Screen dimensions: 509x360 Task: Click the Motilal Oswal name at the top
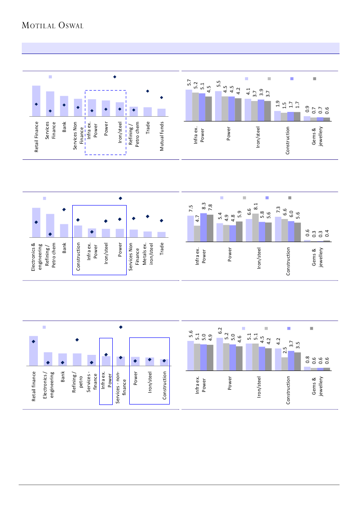tap(53, 26)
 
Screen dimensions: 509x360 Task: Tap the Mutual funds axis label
tap(161, 136)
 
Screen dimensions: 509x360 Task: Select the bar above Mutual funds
tap(161, 113)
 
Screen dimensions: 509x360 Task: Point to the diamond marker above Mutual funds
tap(161, 98)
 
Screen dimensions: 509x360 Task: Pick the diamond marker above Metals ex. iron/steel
tap(148, 216)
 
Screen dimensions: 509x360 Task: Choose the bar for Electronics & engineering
tap(36, 222)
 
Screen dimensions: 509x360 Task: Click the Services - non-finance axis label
tap(121, 387)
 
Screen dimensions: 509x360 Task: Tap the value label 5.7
tap(189, 82)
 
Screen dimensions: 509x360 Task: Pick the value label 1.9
tap(278, 104)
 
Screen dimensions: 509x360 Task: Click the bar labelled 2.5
tap(284, 364)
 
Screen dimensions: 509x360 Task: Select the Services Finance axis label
tap(50, 136)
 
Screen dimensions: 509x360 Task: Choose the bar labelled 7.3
tap(278, 229)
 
